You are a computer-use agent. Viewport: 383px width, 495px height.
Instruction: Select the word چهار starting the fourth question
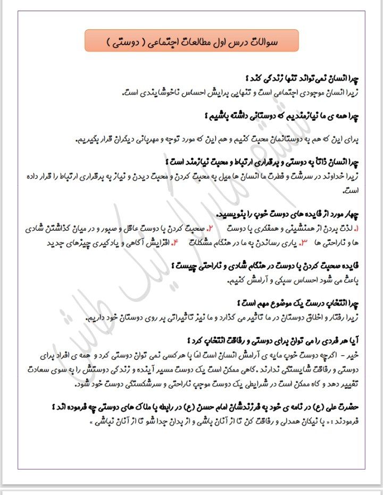351,214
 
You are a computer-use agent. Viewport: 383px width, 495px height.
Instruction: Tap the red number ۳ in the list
304,243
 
